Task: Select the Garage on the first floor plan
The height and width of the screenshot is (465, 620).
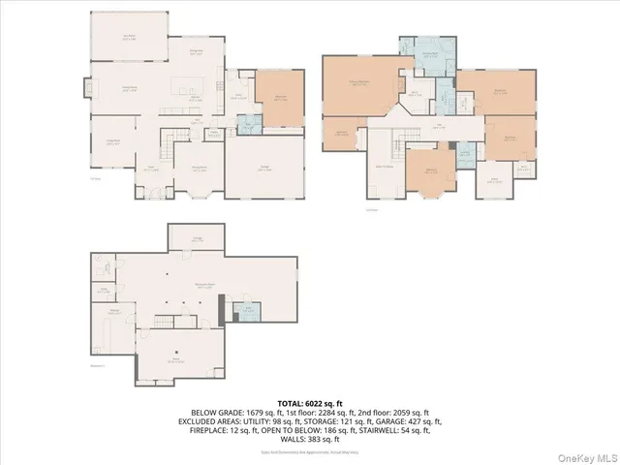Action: tap(263, 166)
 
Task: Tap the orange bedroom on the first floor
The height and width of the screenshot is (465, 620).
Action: tap(279, 98)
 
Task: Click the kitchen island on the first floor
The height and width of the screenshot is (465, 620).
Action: tap(185, 89)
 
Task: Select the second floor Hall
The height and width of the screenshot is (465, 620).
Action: tap(439, 126)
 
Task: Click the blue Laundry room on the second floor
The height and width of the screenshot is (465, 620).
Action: tap(465, 152)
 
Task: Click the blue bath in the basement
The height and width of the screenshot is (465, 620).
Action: tap(247, 311)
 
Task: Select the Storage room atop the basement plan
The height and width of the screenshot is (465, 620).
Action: tap(197, 237)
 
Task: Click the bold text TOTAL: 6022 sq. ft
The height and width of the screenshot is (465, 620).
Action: tap(310, 402)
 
